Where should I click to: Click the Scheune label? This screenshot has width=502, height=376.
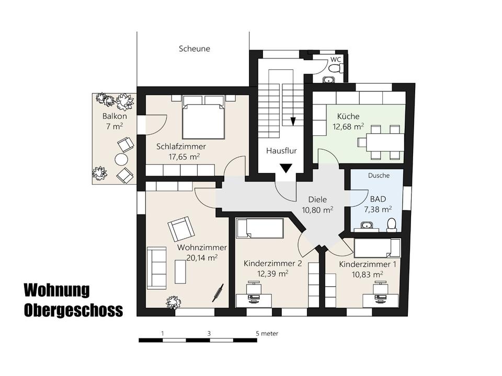[194, 49]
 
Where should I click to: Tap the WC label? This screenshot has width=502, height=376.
[335, 60]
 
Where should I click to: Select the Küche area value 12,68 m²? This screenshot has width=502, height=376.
[348, 126]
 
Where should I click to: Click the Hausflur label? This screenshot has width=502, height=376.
[281, 151]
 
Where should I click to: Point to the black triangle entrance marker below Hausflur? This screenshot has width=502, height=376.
[286, 168]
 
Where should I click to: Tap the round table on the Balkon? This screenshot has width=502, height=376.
[122, 159]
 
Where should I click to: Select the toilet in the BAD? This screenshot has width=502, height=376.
[391, 225]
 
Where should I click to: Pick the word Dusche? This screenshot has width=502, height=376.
[379, 175]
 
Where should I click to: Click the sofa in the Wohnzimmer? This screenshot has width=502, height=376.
[156, 267]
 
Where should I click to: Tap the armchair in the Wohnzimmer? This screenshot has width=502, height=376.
[180, 228]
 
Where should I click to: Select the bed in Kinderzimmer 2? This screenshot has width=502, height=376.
[259, 228]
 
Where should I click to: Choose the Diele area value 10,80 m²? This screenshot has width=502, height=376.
[318, 210]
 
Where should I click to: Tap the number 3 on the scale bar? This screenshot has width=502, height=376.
[209, 333]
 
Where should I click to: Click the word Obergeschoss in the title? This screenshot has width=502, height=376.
[73, 310]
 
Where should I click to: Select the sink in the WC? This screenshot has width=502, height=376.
[329, 80]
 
